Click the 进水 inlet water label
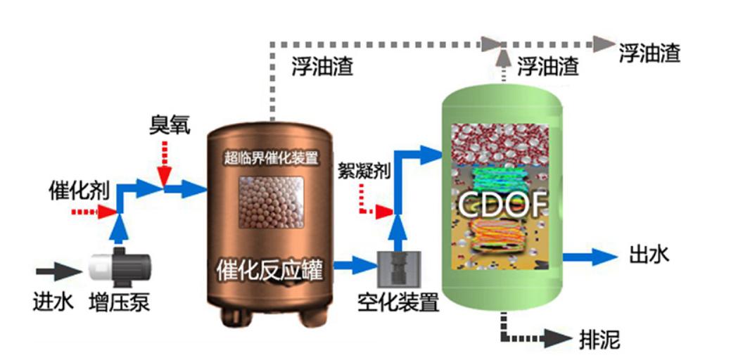[x=53, y=302]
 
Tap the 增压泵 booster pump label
[x=119, y=302]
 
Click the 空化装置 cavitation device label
[x=398, y=302]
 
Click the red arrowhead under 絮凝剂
[x=384, y=212]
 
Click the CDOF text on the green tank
[x=502, y=205]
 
